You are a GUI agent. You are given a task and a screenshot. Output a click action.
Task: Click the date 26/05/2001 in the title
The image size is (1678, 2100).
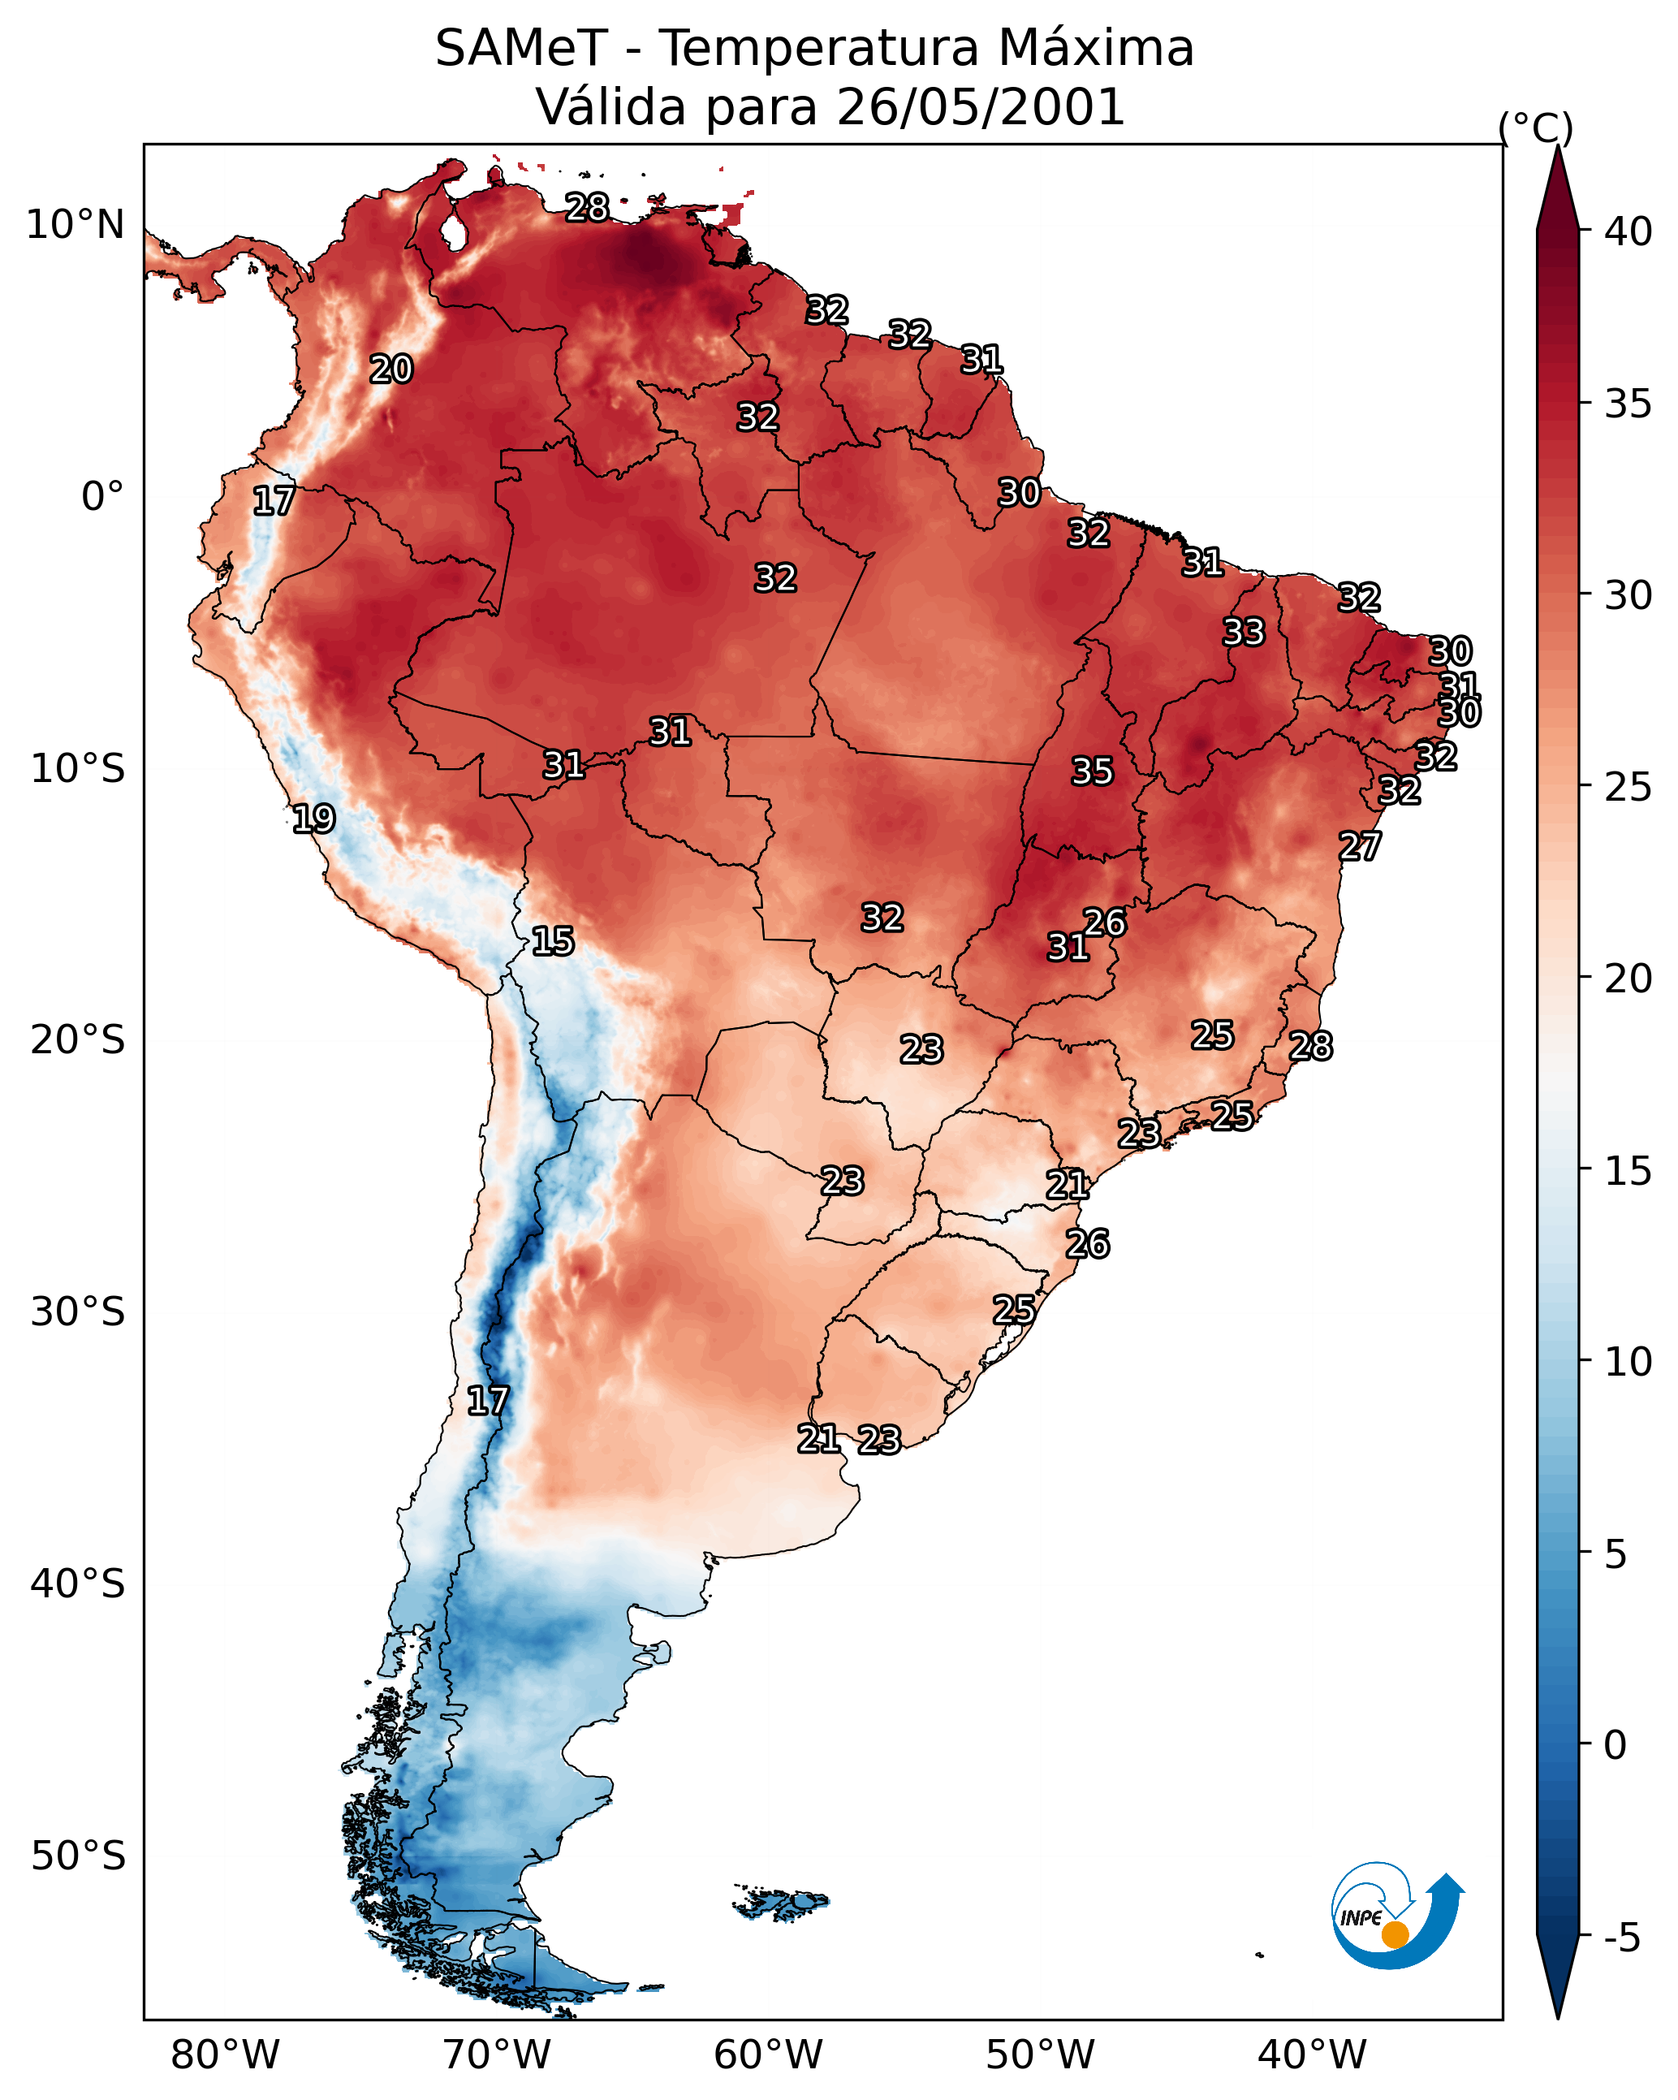click(980, 107)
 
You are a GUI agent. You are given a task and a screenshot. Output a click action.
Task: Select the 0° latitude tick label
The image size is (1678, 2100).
click(102, 497)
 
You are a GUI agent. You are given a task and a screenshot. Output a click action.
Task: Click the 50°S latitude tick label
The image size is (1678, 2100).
click(78, 1856)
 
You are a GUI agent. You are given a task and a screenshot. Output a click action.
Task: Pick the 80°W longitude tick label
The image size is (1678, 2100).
click(225, 2055)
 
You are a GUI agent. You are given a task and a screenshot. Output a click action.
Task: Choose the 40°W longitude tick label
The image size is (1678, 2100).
click(1312, 2055)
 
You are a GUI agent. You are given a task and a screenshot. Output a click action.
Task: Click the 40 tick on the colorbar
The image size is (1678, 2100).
click(1628, 231)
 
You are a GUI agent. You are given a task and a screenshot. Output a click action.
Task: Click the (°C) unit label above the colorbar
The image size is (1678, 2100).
click(1536, 127)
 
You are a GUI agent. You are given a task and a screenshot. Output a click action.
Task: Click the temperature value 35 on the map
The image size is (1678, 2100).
click(1092, 771)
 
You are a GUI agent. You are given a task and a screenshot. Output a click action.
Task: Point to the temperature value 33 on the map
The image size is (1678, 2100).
click(1244, 632)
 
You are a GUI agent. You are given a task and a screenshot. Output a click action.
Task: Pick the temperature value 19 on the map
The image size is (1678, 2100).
click(313, 819)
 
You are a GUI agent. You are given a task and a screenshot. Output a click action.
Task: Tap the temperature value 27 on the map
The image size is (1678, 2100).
click(1360, 846)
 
